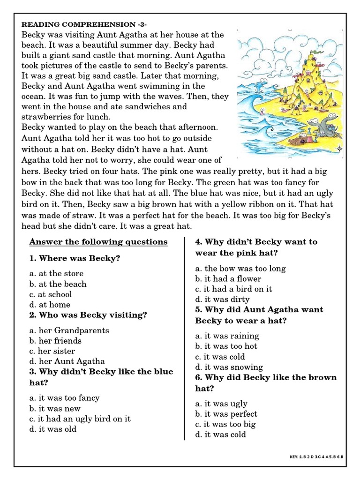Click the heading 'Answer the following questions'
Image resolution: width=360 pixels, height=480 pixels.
click(98, 242)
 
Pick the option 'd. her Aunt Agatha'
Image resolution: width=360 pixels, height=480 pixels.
click(67, 361)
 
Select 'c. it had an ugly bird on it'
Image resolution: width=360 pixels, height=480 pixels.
click(80, 419)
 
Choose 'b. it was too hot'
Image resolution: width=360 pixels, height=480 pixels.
click(226, 346)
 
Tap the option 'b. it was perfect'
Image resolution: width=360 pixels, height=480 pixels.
click(226, 414)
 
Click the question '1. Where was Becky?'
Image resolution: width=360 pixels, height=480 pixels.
click(75, 258)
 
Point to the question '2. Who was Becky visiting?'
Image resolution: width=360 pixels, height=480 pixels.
click(88, 315)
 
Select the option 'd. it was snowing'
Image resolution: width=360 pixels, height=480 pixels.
click(229, 367)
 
